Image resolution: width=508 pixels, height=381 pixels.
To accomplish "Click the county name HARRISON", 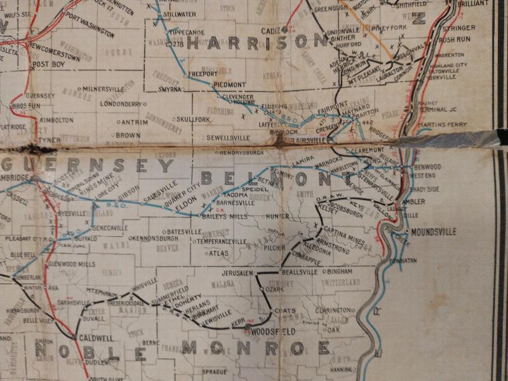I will pyautogui.click(x=257, y=43).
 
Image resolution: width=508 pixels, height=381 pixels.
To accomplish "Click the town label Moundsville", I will pyautogui.click(x=434, y=232).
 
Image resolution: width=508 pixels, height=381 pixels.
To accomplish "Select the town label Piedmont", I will pyautogui.click(x=229, y=84).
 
